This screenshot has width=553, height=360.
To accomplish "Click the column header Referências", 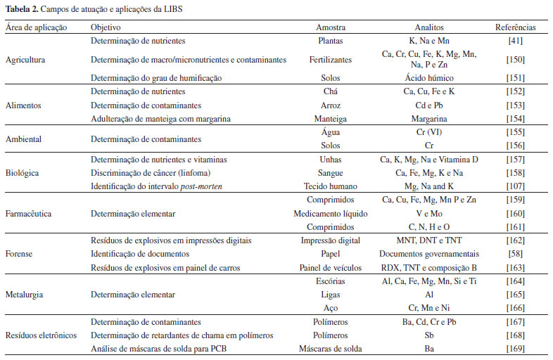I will pos(515,27).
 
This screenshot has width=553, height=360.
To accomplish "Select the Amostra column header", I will pos(330,27).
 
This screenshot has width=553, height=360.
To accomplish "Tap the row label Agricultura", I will pos(25,60).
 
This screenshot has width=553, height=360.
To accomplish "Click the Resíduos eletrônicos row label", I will pos(41,334).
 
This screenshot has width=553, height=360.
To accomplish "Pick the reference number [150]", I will pos(515,60).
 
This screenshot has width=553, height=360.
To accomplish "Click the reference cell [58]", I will pos(515,253).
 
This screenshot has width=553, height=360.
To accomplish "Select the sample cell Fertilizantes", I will pos(330,60).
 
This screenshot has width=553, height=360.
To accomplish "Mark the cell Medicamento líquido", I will pos(330,214).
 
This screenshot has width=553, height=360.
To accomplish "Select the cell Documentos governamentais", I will pos(428,253).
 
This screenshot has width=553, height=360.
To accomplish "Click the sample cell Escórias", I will pos(330,281).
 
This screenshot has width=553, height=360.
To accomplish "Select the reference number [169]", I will pos(515,347).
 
